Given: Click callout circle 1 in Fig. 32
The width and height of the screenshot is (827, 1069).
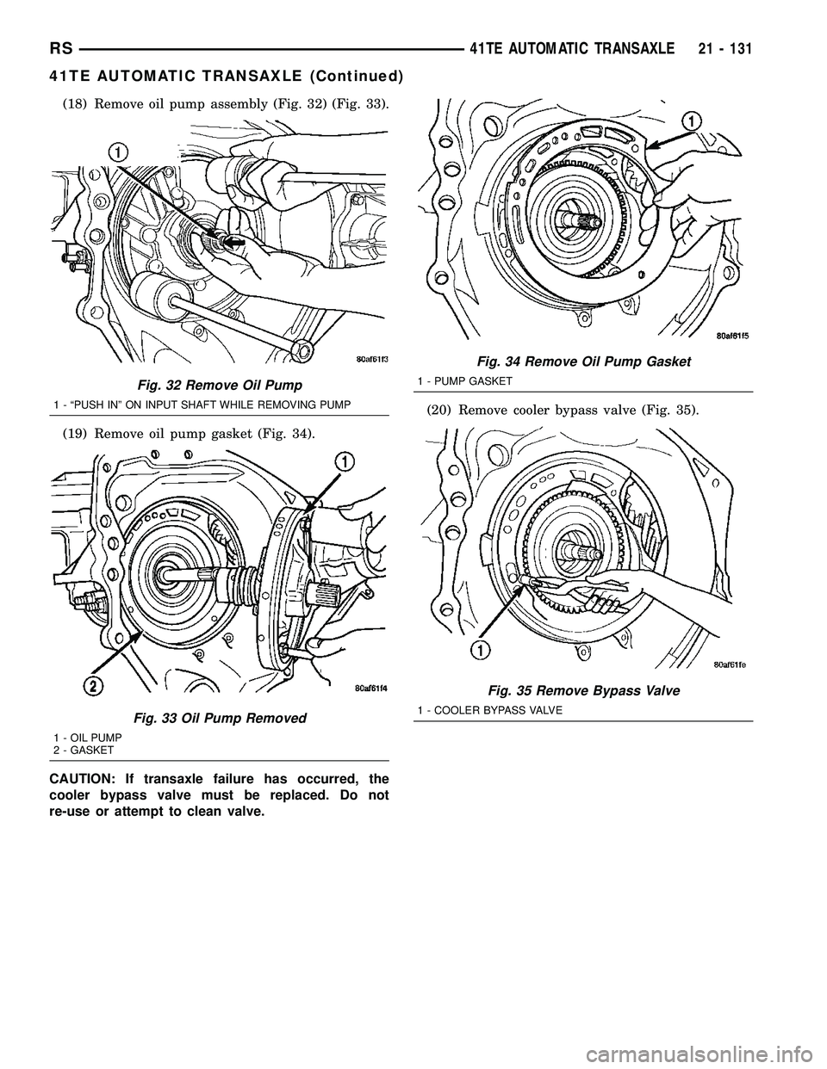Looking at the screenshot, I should [x=118, y=151].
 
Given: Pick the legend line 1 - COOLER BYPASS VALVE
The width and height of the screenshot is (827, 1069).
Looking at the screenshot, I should [x=489, y=709].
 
